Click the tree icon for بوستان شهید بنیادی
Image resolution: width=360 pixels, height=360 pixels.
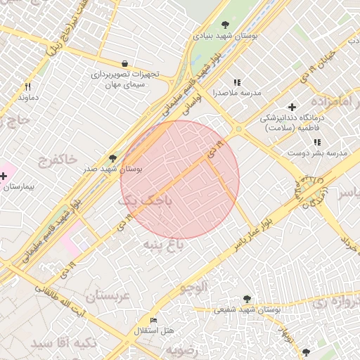click(225, 25)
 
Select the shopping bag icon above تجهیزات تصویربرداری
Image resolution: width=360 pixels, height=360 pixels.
click(124, 63)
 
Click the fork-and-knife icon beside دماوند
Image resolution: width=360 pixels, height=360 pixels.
click(28, 86)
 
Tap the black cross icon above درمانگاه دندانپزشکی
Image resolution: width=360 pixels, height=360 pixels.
click(292, 108)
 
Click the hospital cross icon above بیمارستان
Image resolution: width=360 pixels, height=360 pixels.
click(4, 175)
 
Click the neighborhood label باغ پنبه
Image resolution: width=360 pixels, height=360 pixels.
click(163, 244)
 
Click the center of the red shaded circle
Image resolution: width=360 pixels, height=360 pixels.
click(180, 180)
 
